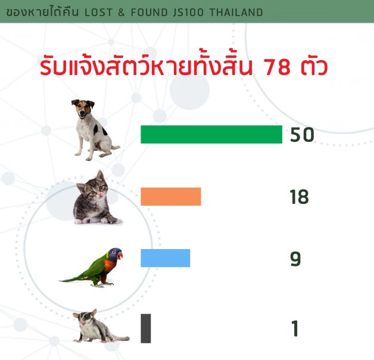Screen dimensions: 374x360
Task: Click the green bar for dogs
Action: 211,134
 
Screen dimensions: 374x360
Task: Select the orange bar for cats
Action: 171,197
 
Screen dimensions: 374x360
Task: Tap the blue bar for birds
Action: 166,258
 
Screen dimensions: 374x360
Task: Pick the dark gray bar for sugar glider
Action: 146,328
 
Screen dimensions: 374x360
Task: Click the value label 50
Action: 302,135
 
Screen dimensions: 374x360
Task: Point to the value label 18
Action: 300,197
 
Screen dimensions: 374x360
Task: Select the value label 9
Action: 295,259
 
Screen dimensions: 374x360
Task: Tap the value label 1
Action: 295,328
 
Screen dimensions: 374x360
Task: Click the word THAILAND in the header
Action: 236,13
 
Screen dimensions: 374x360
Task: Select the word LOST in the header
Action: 98,13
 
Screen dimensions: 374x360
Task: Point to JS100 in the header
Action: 188,13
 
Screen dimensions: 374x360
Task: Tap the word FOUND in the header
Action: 149,13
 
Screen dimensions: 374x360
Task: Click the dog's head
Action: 83,109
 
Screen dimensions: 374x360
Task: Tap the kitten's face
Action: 96,191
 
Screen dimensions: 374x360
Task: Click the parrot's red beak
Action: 120,256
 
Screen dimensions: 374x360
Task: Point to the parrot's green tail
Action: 74,278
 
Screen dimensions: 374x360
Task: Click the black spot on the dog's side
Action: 96,129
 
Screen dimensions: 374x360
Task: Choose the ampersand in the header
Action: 121,13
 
